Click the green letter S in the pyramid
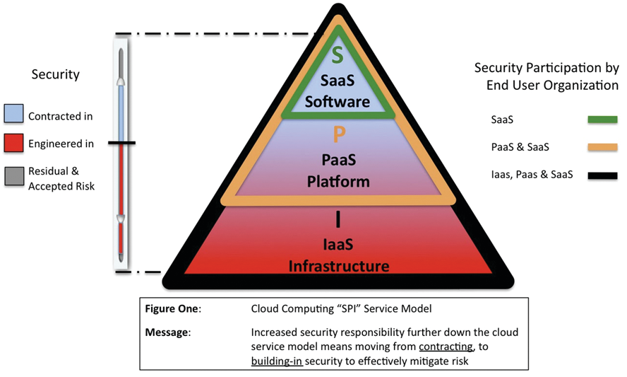pos(338,56)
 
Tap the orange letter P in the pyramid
pos(338,134)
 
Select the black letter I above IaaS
pos(338,220)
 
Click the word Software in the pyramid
pos(338,102)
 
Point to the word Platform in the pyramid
pos(338,182)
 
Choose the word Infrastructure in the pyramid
pos(338,266)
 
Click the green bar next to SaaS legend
pos(602,120)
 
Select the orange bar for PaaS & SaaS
pos(602,147)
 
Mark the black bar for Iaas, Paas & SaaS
pos(602,175)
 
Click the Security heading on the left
pos(55,74)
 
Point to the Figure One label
pos(173,309)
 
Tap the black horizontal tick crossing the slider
pos(121,144)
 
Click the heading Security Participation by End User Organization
pos(547,76)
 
